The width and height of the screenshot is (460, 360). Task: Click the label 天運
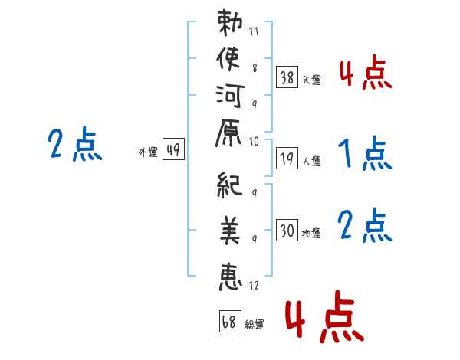click(x=312, y=80)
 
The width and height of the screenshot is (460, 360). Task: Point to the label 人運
click(x=312, y=162)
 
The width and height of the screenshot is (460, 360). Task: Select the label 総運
click(x=255, y=324)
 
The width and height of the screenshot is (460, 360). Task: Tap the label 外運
click(x=148, y=152)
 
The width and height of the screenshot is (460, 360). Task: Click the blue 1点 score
click(x=364, y=153)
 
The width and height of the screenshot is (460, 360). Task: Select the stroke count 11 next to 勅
click(x=255, y=33)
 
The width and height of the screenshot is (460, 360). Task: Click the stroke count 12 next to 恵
click(x=255, y=285)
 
